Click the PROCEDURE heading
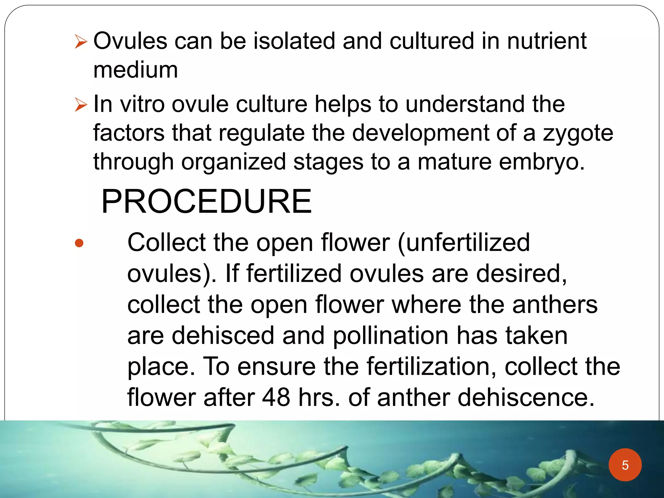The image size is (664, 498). (x=207, y=202)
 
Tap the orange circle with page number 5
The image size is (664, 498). (x=625, y=465)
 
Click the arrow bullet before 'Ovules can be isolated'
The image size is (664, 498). (x=81, y=42)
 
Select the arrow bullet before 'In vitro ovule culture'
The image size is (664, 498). (x=81, y=105)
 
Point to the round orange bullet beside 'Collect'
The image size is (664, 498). (x=79, y=243)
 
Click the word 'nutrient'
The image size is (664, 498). (x=547, y=41)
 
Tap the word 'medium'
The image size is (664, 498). (x=136, y=70)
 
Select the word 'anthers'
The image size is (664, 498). (x=555, y=305)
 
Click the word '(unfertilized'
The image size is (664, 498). (x=464, y=243)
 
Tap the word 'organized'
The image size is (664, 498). (x=233, y=162)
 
